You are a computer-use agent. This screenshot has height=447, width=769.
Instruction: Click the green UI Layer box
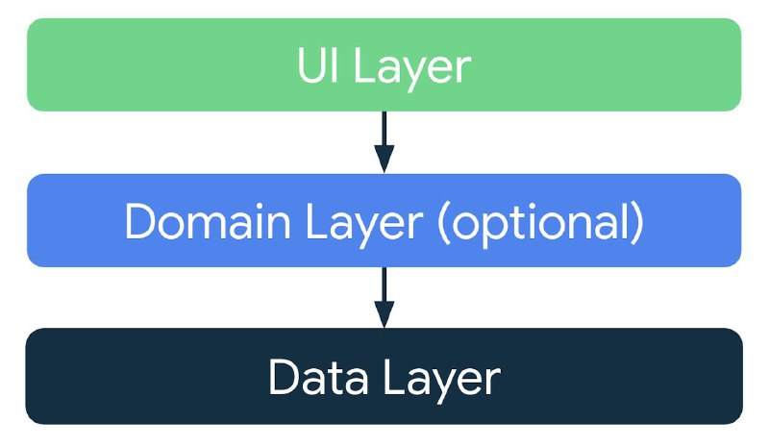click(384, 64)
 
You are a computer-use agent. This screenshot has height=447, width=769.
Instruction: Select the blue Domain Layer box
click(384, 220)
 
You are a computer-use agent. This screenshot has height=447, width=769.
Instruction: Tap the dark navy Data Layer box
click(384, 376)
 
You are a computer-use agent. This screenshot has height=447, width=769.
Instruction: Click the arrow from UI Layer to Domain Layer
click(384, 142)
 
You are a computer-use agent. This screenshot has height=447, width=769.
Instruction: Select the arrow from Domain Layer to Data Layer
click(384, 297)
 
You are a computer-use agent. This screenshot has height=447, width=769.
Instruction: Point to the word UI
click(318, 65)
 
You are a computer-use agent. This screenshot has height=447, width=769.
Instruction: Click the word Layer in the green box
click(412, 69)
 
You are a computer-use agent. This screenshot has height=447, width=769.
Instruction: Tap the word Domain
click(208, 222)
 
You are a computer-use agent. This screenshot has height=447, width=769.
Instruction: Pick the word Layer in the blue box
click(364, 226)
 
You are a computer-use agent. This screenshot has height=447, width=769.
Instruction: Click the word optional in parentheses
click(540, 225)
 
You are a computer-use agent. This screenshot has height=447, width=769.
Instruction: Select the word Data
click(318, 376)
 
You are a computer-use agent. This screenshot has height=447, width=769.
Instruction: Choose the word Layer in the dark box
click(442, 381)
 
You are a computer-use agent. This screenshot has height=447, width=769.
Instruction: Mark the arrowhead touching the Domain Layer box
click(384, 159)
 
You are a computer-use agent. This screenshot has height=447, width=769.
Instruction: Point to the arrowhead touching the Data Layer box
click(384, 313)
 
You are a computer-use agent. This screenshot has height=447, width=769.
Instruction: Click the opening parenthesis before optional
click(443, 224)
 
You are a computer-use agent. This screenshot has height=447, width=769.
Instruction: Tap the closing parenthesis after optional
click(637, 224)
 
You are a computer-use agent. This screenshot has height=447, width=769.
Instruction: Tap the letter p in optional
click(487, 229)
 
